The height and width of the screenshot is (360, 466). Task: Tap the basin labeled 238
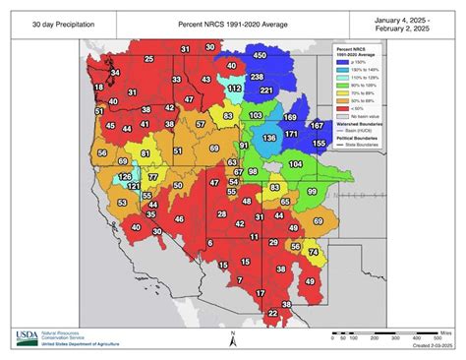point(257,76)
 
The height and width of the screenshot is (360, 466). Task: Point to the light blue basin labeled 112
point(235,88)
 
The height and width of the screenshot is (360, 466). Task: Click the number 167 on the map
point(317,125)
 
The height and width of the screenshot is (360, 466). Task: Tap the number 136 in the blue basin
point(269,139)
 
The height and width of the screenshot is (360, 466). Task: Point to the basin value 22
point(272,313)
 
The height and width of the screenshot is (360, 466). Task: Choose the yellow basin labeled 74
point(313,252)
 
